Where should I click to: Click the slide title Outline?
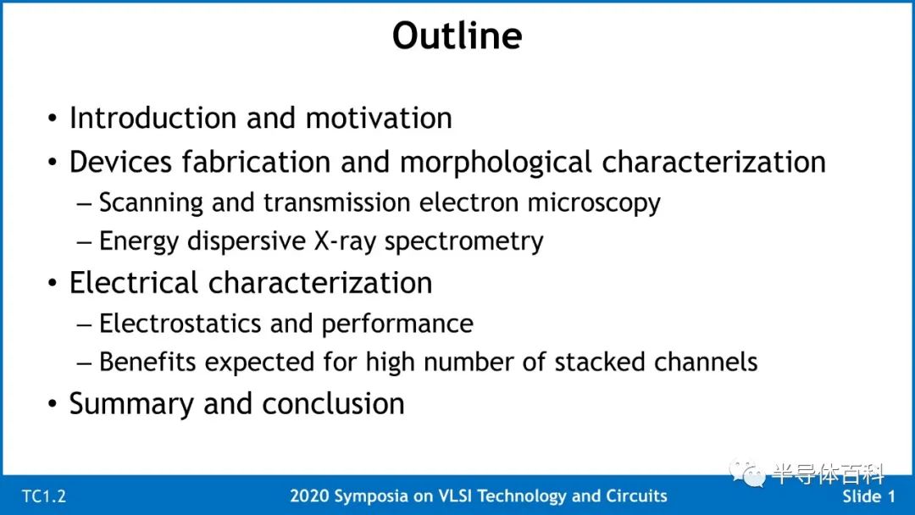(x=457, y=36)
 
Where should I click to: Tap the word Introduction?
(x=152, y=118)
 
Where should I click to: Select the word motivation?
(x=379, y=118)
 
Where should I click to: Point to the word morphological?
(x=496, y=163)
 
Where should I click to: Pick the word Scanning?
(x=151, y=203)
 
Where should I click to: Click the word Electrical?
(x=134, y=283)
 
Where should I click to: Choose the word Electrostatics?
(x=180, y=323)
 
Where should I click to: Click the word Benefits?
(x=147, y=362)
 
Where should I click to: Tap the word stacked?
(x=600, y=362)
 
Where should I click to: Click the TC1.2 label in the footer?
(x=44, y=496)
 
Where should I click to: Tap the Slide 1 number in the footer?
(x=868, y=496)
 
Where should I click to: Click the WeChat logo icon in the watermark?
(x=747, y=473)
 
